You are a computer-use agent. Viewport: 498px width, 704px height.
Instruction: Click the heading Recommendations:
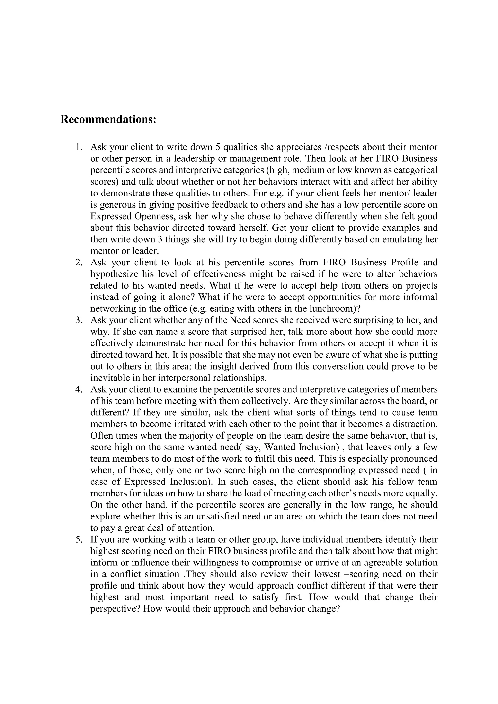click(108, 120)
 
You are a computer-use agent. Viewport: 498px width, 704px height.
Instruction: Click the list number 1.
click(79, 147)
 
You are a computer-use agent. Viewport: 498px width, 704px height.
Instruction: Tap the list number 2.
click(79, 263)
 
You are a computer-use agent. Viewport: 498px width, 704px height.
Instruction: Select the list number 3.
click(79, 320)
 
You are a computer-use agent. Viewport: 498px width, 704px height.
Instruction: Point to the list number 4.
click(79, 389)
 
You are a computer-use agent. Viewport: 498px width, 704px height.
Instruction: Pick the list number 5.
click(79, 540)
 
